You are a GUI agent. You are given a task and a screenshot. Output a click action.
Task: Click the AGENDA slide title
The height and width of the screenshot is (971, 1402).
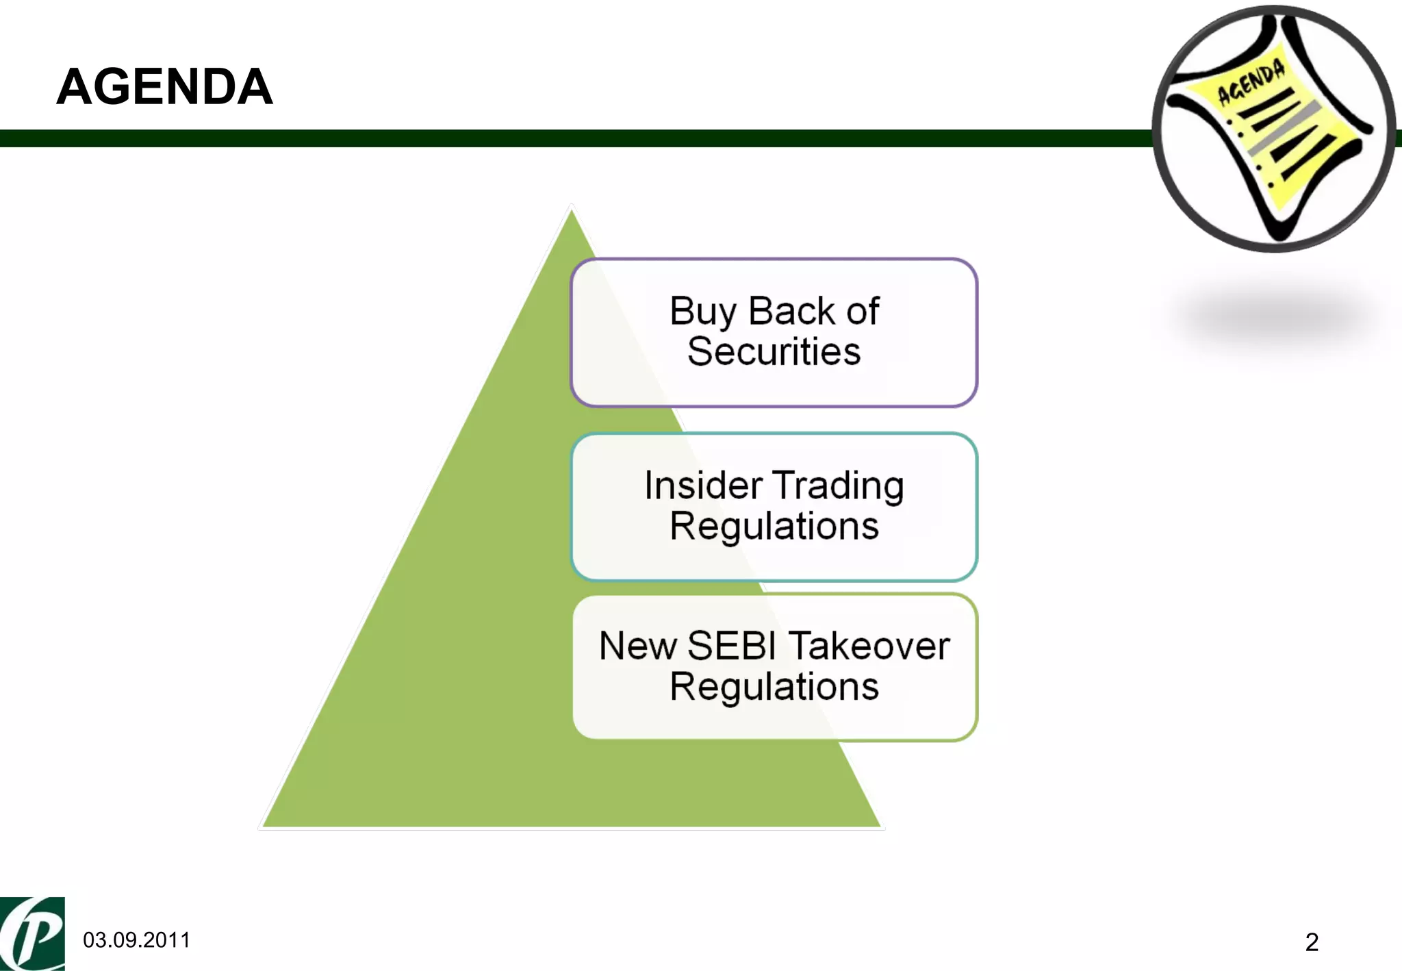[x=164, y=87]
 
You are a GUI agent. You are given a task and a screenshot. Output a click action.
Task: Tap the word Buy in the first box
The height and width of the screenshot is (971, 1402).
[x=702, y=312]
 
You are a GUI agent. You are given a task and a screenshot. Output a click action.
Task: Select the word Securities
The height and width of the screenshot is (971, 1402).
[x=774, y=352]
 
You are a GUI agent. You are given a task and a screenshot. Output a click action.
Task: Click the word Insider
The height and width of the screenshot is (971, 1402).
[x=703, y=486]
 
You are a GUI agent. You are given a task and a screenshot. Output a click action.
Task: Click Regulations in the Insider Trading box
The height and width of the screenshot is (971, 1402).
[x=774, y=527]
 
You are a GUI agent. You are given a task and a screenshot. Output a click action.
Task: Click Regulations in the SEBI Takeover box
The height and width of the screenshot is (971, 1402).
[x=774, y=687]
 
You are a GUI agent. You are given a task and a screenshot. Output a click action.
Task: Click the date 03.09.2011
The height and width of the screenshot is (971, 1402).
[x=136, y=940]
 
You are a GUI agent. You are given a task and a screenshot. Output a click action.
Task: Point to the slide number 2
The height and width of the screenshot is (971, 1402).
[x=1312, y=942]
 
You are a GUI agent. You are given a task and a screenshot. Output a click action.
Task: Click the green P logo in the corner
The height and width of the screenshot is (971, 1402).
[x=32, y=933]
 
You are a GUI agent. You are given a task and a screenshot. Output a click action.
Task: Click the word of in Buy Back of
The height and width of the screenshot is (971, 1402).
[x=863, y=312]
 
